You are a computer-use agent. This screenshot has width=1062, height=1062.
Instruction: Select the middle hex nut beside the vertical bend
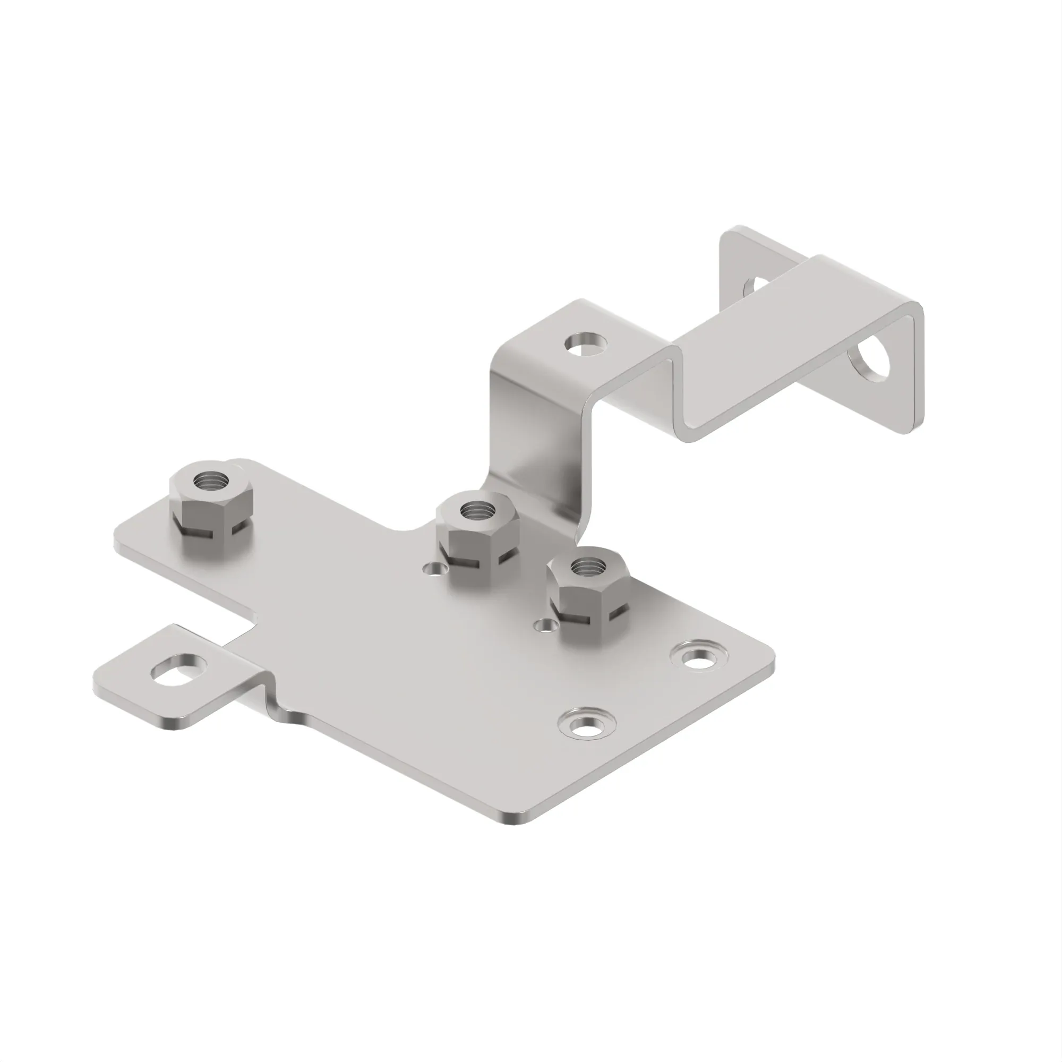477,532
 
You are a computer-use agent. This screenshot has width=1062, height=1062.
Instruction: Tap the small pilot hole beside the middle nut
434,568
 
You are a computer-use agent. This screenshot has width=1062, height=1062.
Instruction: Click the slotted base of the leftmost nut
211,529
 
